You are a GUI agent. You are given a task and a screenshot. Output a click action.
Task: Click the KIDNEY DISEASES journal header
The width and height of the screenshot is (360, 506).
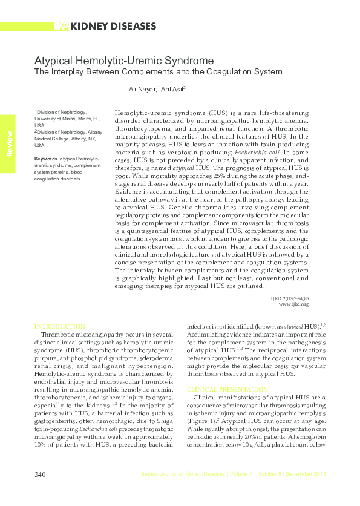tap(113, 26)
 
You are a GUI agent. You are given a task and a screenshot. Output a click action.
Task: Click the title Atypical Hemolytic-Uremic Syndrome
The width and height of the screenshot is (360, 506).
tap(123, 61)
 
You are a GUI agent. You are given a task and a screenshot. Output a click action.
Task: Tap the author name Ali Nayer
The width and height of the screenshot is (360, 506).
tap(143, 89)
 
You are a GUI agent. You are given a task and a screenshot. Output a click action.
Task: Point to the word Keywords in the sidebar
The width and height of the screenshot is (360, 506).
tap(47, 159)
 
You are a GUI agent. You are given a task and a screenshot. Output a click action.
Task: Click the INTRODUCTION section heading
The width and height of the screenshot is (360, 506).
tap(60, 326)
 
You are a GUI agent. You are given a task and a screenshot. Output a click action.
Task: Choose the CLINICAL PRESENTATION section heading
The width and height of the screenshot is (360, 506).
tap(227, 389)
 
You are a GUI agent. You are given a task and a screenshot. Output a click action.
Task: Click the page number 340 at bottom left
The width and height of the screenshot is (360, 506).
tap(41, 474)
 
